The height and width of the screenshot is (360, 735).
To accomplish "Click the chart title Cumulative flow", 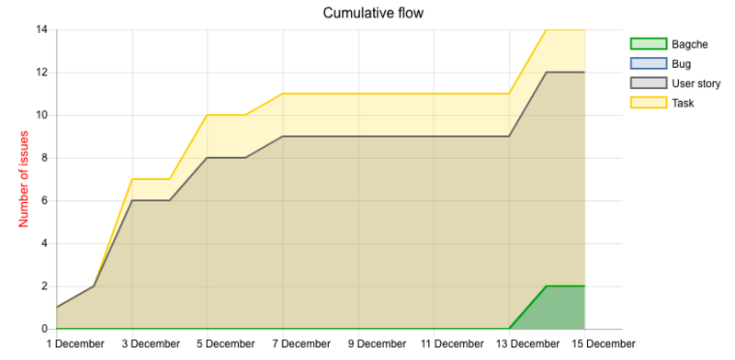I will point(372,13).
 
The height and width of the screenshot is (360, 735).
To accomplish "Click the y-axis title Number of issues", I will point(24,179).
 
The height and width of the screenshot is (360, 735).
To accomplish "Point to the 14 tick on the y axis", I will point(42,29).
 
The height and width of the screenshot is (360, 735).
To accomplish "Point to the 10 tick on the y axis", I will point(42,115).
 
